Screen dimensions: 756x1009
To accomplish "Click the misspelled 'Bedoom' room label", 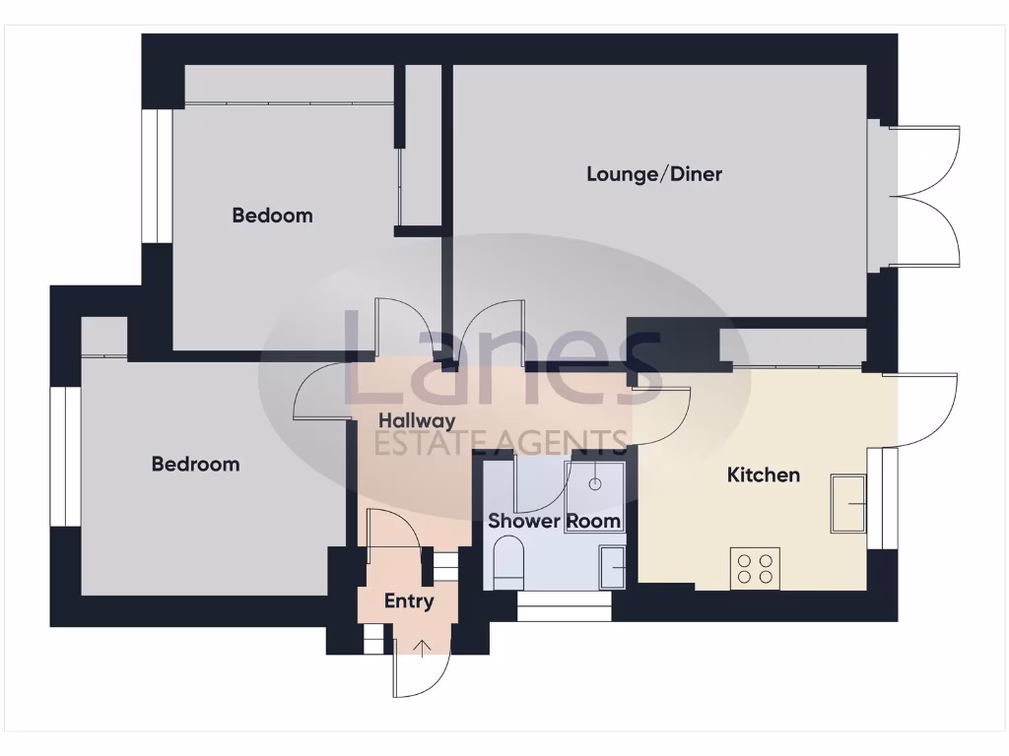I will pyautogui.click(x=272, y=215).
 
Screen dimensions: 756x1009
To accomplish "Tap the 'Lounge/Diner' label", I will pyautogui.click(x=654, y=174).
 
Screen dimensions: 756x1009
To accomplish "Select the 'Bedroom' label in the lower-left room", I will pyautogui.click(x=195, y=464).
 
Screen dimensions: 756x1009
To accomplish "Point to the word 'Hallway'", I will pyautogui.click(x=418, y=421).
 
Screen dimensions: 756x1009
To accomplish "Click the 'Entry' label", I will pyautogui.click(x=408, y=600).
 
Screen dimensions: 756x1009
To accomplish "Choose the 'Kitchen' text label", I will pyautogui.click(x=763, y=474).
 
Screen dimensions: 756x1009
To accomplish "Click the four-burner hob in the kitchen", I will pyautogui.click(x=755, y=568).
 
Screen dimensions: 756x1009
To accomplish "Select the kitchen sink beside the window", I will pyautogui.click(x=848, y=503).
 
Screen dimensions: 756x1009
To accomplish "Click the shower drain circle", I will pyautogui.click(x=595, y=483).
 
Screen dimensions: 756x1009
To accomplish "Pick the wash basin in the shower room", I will pyautogui.click(x=612, y=569).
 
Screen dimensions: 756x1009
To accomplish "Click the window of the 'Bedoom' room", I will pyautogui.click(x=157, y=175).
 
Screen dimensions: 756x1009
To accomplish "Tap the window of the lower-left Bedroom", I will pyautogui.click(x=65, y=456).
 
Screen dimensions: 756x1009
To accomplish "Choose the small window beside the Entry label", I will pyautogui.click(x=445, y=567).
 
